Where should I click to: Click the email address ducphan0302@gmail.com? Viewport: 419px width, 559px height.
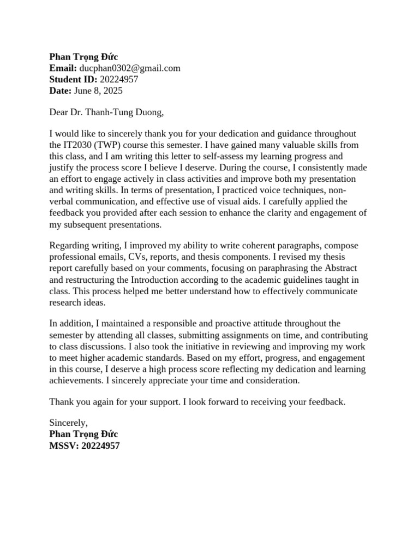(x=130, y=68)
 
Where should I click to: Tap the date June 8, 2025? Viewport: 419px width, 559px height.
(x=98, y=91)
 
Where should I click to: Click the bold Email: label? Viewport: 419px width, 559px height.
(x=63, y=68)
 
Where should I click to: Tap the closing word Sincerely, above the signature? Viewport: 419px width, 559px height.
(x=68, y=423)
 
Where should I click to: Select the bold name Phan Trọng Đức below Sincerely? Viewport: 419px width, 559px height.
(x=83, y=434)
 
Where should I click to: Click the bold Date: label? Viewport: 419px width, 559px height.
(x=60, y=91)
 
